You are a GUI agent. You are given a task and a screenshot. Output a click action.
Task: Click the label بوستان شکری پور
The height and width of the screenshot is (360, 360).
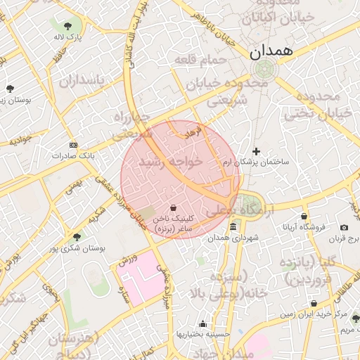point(77,248)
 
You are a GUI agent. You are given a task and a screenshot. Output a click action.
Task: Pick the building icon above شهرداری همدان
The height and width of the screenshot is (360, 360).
point(233,226)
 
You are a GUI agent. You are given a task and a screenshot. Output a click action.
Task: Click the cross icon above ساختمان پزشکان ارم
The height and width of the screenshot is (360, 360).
point(256,151)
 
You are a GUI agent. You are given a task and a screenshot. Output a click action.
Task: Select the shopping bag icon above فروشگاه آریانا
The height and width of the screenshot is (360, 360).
point(304,216)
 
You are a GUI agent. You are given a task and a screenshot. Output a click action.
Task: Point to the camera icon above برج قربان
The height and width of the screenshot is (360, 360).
point(344,227)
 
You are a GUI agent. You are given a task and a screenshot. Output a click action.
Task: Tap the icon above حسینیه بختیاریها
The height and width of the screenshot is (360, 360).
point(203,323)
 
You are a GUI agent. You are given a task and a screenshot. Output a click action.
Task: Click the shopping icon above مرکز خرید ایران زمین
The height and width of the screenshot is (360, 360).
point(314,304)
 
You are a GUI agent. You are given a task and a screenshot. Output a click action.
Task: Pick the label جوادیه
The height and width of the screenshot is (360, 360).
point(20,140)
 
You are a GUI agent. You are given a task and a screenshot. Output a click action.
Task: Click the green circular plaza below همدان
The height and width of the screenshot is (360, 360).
point(264,70)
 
